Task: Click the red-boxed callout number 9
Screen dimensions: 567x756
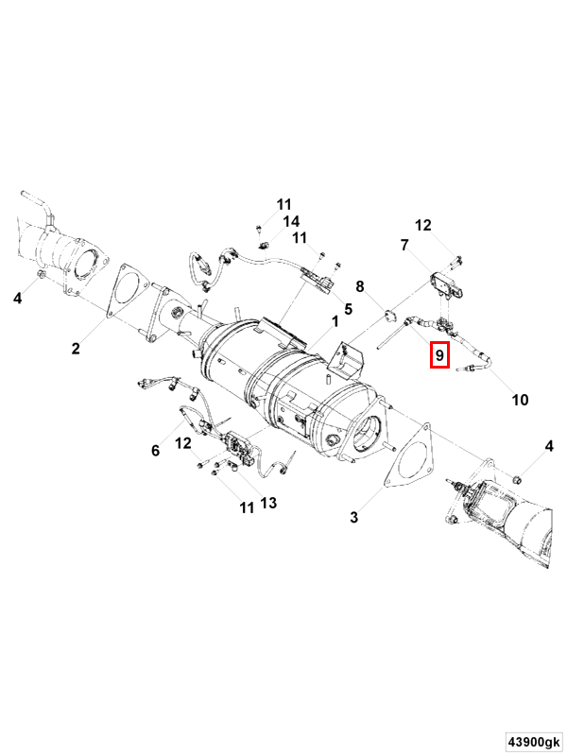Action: [439, 355]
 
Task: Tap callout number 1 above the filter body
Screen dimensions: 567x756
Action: [335, 321]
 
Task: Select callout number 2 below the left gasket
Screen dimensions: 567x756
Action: [76, 348]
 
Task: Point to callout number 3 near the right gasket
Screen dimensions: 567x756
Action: [353, 517]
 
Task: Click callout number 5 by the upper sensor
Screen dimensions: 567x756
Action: [348, 309]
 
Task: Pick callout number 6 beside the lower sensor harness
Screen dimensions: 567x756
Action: [155, 451]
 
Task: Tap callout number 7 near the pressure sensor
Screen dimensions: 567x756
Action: [404, 245]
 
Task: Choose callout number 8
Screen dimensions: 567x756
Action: [360, 286]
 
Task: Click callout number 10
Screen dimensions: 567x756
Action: [520, 400]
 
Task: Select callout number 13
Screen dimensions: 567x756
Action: [268, 503]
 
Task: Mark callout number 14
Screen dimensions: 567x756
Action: [291, 221]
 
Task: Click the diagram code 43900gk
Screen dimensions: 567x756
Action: [533, 742]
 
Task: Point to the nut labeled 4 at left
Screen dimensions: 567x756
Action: [41, 275]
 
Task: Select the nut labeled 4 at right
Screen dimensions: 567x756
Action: [515, 479]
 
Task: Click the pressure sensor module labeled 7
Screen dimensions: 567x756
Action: [449, 284]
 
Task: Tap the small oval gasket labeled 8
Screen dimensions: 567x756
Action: [389, 316]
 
